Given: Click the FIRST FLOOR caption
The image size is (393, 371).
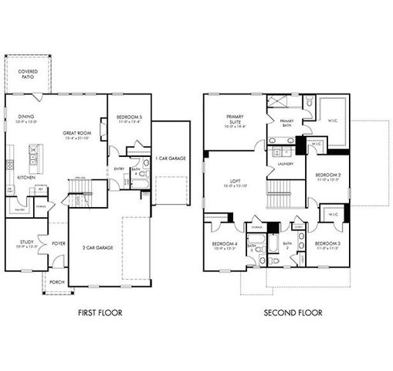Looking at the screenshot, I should pyautogui.click(x=100, y=313).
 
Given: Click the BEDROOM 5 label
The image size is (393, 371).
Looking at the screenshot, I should pyautogui.click(x=127, y=118).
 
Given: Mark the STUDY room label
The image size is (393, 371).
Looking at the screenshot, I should pyautogui.click(x=22, y=243).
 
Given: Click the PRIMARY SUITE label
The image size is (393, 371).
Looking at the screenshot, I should pyautogui.click(x=235, y=120).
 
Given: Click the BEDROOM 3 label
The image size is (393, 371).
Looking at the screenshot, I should pyautogui.click(x=328, y=245).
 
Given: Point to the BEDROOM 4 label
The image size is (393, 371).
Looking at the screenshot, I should pyautogui.click(x=225, y=245).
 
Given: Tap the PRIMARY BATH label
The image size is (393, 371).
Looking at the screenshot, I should pyautogui.click(x=286, y=122).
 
